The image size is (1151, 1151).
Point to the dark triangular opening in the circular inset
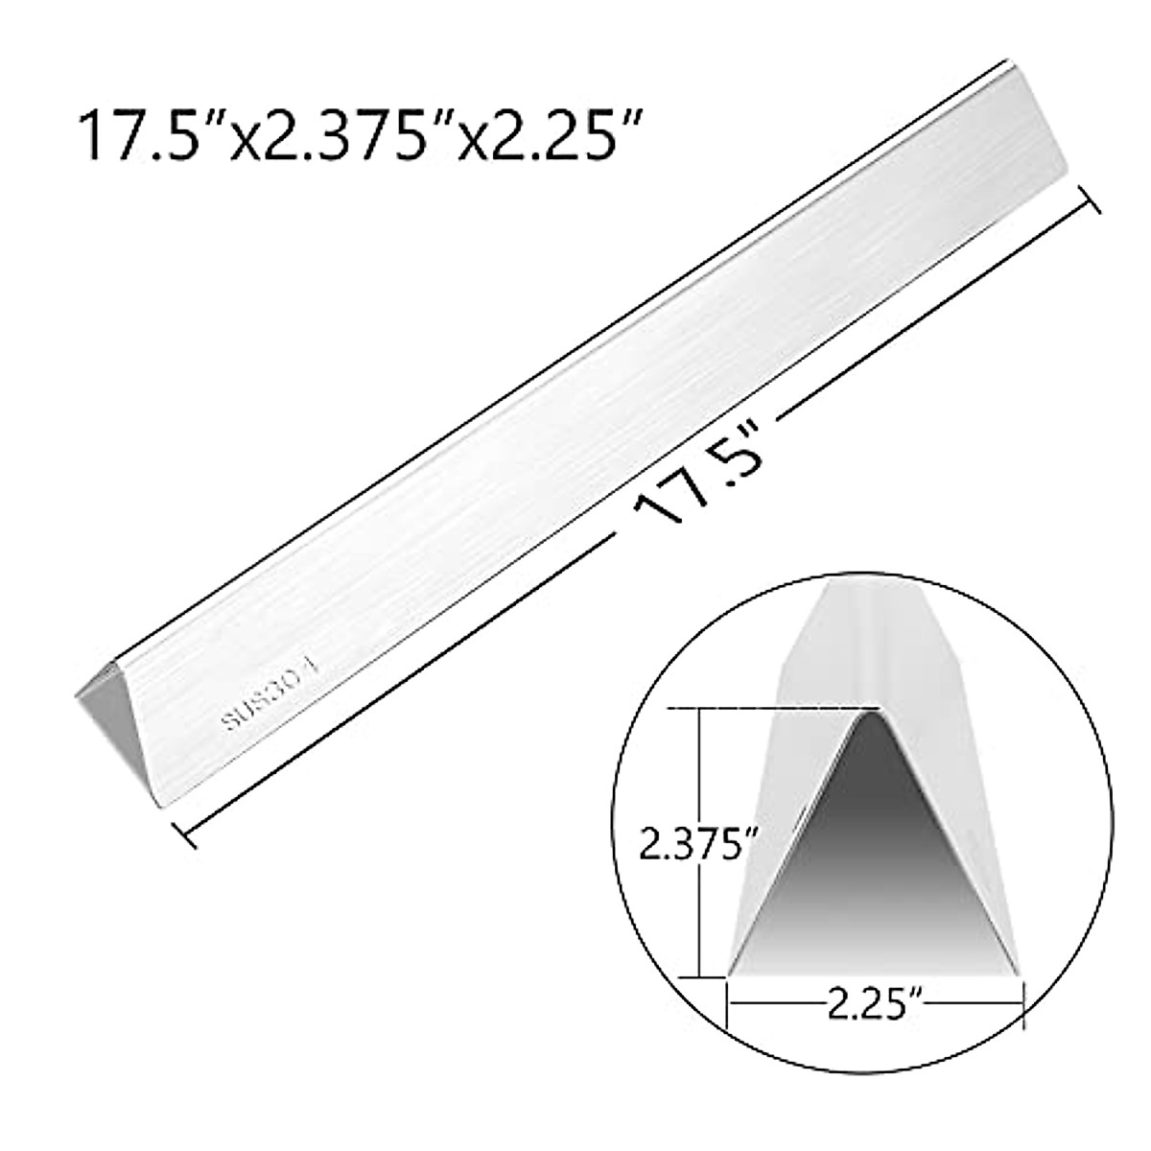click(x=875, y=863)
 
